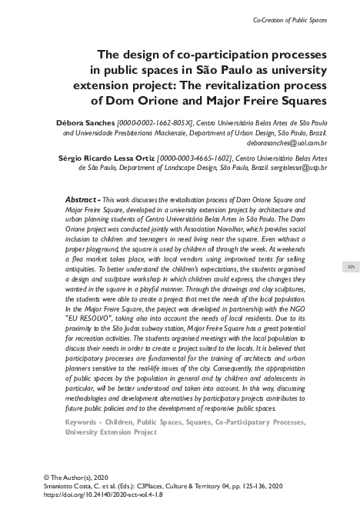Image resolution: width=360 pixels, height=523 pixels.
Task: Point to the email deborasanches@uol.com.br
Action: pyautogui.click(x=287, y=143)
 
